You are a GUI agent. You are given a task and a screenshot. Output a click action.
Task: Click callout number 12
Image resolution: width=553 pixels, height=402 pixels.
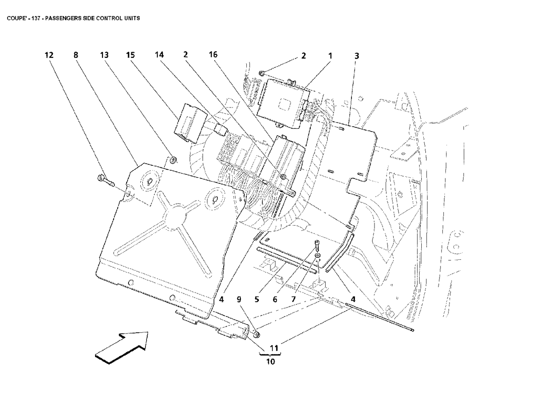[x=49, y=55]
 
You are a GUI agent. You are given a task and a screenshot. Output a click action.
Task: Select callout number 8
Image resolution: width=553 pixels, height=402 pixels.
[x=76, y=55]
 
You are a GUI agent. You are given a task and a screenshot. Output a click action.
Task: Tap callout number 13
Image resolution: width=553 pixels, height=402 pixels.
[x=104, y=55]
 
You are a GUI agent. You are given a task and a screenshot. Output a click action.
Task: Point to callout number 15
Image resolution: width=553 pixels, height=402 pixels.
[x=131, y=55]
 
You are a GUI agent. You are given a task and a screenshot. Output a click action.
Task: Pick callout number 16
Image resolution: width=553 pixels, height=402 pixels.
[x=213, y=55]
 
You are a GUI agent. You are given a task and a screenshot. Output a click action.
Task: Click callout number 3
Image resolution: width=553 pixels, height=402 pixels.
[x=356, y=56]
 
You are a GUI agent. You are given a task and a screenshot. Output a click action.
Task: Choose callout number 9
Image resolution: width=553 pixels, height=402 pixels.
[x=239, y=299]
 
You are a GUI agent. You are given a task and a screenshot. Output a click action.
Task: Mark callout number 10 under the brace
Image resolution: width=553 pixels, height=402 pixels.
[x=270, y=361]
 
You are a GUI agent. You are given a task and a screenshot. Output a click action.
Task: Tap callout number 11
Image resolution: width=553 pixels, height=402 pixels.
[x=274, y=348]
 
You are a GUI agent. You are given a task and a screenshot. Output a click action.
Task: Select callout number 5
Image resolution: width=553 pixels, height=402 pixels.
[x=257, y=299]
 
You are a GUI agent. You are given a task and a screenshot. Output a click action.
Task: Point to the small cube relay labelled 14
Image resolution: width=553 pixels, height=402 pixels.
[x=222, y=129]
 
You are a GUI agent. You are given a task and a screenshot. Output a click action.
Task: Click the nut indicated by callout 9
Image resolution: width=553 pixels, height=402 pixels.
[x=257, y=333]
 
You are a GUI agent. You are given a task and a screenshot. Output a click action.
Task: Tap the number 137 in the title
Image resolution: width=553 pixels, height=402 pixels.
[x=36, y=18]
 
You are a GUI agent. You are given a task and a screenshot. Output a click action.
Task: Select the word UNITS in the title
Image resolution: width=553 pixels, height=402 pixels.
[x=132, y=18]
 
